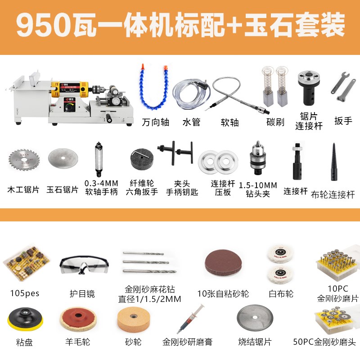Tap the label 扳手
point(343,121)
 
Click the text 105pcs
point(25,293)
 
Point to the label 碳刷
point(275,122)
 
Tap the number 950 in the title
point(40,26)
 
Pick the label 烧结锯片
point(255,342)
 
